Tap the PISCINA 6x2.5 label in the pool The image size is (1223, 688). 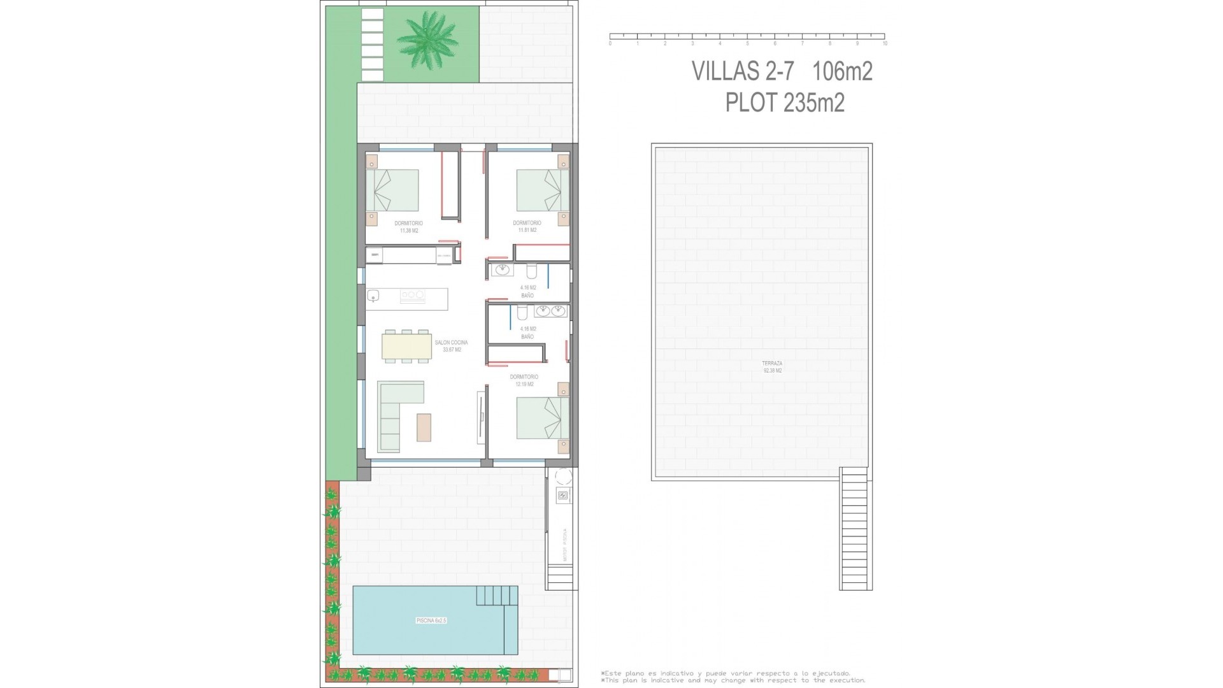[x=431, y=620]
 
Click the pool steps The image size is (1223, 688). [x=497, y=596]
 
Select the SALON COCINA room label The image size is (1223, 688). [x=451, y=343]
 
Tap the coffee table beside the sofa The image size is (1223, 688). [x=424, y=427]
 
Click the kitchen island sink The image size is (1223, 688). [x=373, y=296]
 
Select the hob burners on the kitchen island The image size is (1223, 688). [x=412, y=296]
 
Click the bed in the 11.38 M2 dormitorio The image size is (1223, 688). [x=392, y=190]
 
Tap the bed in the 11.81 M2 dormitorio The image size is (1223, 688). [x=542, y=190]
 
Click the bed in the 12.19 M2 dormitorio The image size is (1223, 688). [x=542, y=418]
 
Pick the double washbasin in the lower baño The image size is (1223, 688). [x=551, y=311]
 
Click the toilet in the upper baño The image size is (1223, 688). [x=533, y=272]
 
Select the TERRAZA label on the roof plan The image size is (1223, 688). [x=772, y=363]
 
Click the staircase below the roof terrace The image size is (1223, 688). [x=855, y=529]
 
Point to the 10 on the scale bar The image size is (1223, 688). [x=885, y=44]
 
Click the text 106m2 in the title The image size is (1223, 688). [x=842, y=71]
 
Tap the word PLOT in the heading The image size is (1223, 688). [x=752, y=102]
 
